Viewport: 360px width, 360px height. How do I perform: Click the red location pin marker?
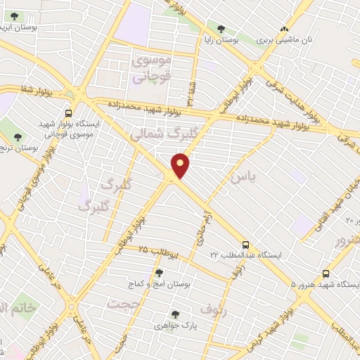pyautogui.click(x=181, y=166)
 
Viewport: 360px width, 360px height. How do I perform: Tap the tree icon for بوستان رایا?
pyautogui.click(x=221, y=29)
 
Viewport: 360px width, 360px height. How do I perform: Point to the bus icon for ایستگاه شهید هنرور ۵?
pyautogui.click(x=325, y=273)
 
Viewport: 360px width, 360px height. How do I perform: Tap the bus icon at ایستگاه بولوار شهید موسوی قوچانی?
pyautogui.click(x=67, y=112)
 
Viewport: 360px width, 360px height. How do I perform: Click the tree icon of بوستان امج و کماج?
pyautogui.click(x=159, y=272)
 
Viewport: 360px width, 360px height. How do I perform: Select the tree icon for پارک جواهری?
pyautogui.click(x=174, y=315)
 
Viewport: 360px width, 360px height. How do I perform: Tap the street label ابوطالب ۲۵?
pyautogui.click(x=160, y=250)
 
